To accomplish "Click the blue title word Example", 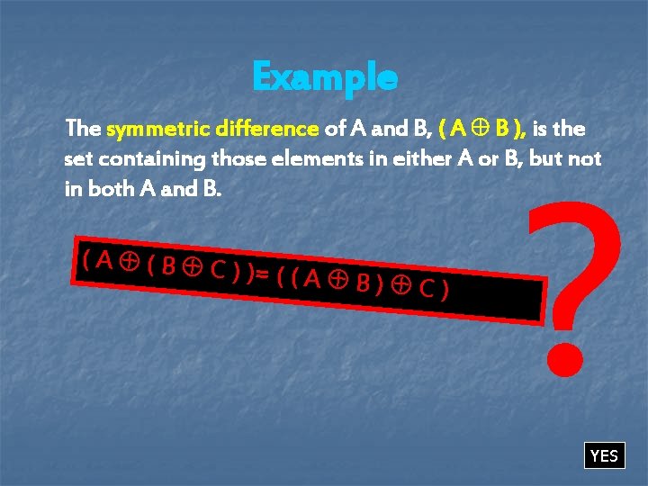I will [324, 78].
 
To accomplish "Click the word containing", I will [149, 160].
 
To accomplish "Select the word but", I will [546, 160].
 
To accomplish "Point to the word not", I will [587, 160].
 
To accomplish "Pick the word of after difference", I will [335, 130].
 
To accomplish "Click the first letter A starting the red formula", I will [103, 260].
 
